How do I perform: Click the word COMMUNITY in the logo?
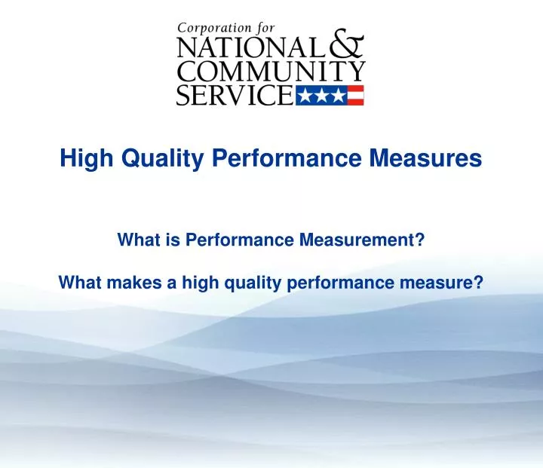click(270, 72)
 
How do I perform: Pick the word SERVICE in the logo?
click(235, 95)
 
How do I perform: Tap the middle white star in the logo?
click(321, 95)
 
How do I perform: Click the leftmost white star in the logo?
click(305, 95)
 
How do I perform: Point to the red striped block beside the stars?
click(355, 95)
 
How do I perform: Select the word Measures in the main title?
click(436, 159)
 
